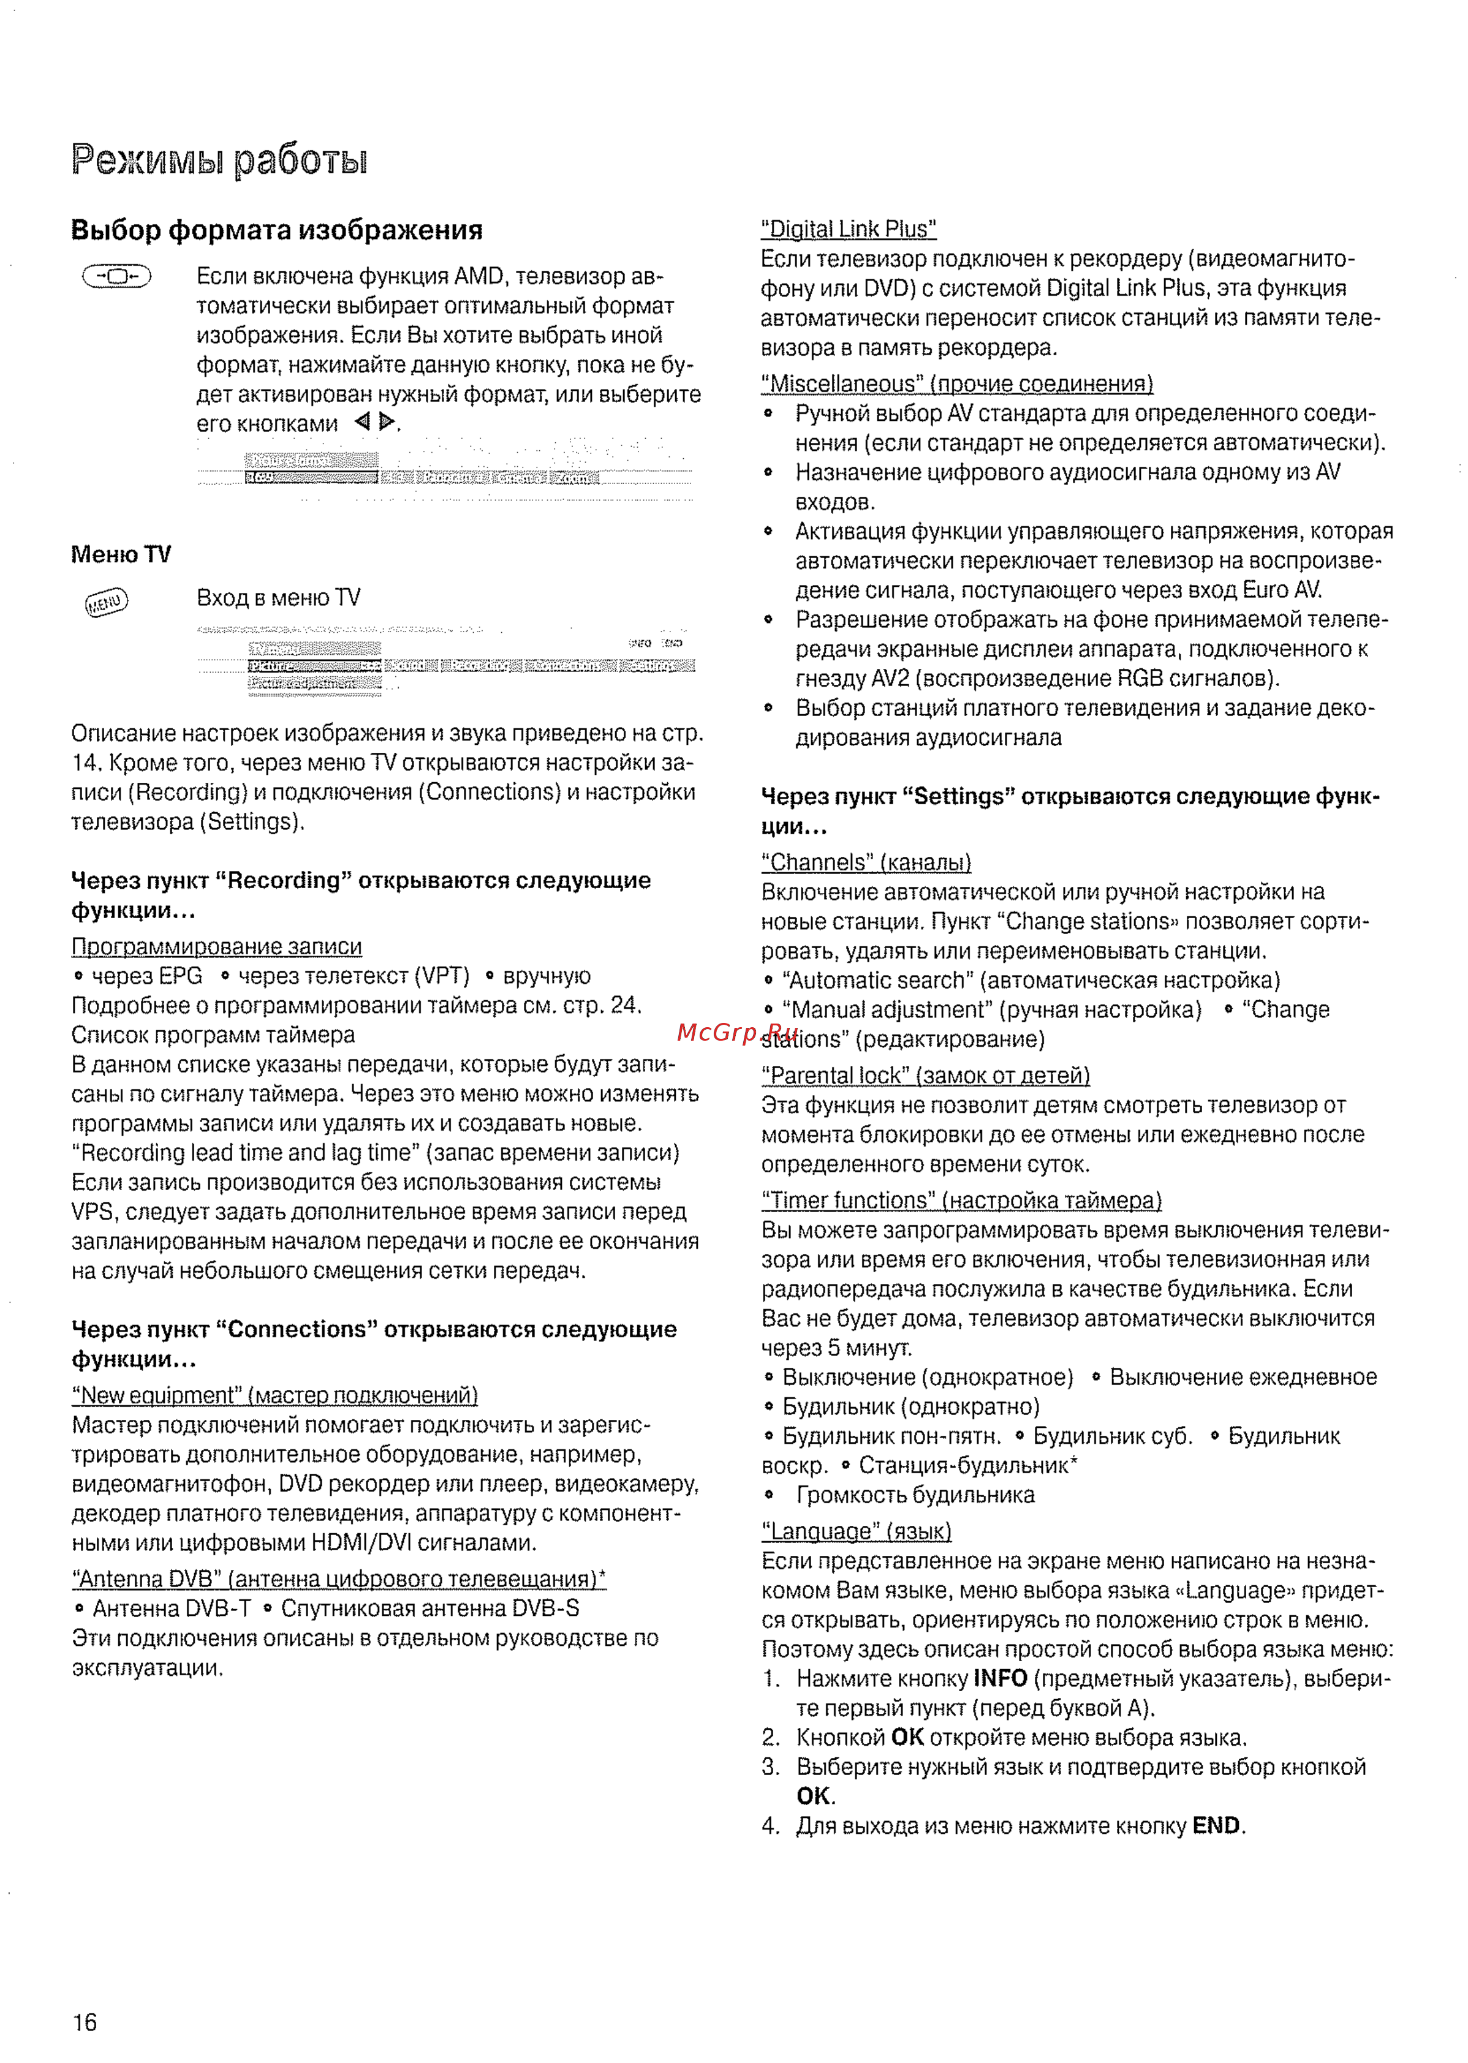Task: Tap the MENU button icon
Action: (107, 602)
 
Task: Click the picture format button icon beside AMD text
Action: (116, 276)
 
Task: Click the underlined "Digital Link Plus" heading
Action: (848, 230)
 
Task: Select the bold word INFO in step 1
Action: (1000, 1679)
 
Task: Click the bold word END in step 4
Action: (1215, 1826)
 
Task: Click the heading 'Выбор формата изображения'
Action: (276, 230)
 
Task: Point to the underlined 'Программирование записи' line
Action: (216, 947)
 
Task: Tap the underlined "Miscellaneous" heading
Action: (956, 384)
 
